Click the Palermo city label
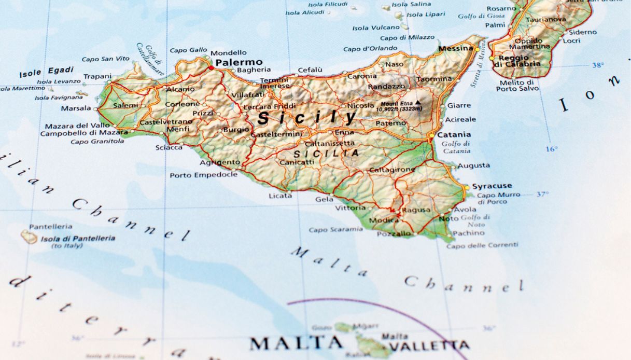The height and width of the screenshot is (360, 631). (239, 62)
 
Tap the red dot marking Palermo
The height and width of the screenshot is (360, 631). (212, 68)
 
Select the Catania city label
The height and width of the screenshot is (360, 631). (454, 134)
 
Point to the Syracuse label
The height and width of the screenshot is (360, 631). (492, 186)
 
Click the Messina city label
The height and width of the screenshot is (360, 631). (456, 49)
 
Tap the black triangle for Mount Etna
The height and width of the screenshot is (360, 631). (417, 103)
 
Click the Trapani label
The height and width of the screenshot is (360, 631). (97, 77)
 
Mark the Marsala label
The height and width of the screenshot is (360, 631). (76, 108)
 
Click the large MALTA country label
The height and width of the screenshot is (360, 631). (296, 343)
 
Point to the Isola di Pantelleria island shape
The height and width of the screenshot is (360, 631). (29, 237)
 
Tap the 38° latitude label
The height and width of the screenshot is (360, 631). (598, 65)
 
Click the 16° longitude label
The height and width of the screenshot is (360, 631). (551, 149)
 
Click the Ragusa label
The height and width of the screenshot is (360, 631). (416, 210)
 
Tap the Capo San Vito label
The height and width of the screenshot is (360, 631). (106, 59)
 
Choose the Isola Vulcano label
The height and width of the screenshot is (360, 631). (376, 28)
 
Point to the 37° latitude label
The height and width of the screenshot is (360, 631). (542, 195)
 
